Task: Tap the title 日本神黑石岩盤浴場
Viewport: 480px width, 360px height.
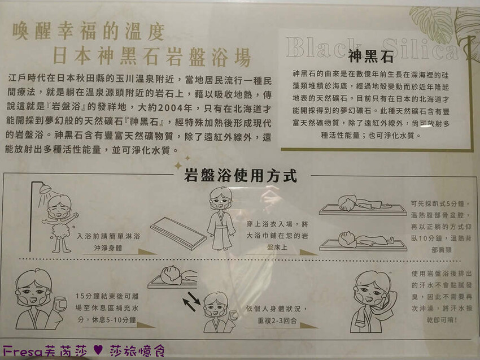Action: coord(151,57)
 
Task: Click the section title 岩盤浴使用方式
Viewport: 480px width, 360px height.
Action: coord(241,175)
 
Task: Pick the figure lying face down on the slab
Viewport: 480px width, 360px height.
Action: coord(361,204)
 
